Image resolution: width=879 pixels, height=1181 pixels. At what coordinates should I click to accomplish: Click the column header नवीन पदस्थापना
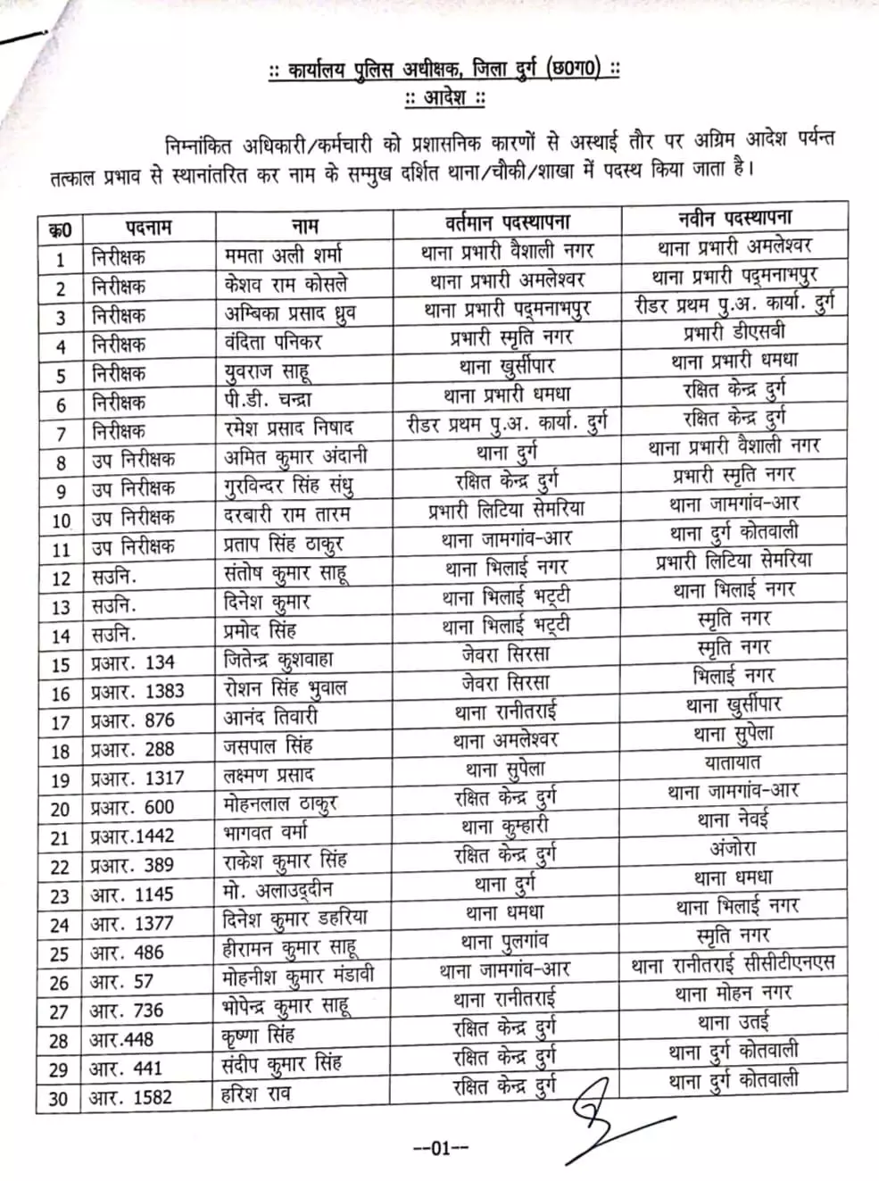(x=734, y=218)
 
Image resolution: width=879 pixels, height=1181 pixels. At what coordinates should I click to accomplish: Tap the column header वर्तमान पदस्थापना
(x=507, y=221)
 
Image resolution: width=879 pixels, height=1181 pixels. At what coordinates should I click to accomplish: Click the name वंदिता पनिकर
(x=272, y=342)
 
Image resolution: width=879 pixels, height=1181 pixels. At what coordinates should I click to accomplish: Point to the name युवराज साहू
(x=267, y=371)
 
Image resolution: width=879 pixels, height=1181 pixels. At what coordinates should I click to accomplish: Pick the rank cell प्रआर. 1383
(x=137, y=692)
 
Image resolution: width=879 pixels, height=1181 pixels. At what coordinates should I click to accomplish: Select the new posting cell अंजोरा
(x=733, y=848)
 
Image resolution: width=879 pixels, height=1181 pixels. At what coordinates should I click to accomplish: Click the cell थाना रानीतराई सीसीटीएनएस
(x=733, y=963)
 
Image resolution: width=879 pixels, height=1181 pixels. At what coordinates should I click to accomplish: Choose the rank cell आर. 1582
(x=130, y=1097)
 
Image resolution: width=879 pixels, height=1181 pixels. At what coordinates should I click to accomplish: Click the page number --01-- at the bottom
(x=441, y=1149)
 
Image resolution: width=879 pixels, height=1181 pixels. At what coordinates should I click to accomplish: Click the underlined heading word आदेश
(x=444, y=97)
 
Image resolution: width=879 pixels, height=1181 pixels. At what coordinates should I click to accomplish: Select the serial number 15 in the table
(x=60, y=665)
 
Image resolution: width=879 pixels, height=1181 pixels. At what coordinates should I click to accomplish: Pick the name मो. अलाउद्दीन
(x=278, y=890)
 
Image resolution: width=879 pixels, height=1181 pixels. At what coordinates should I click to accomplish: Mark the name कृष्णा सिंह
(x=258, y=1036)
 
